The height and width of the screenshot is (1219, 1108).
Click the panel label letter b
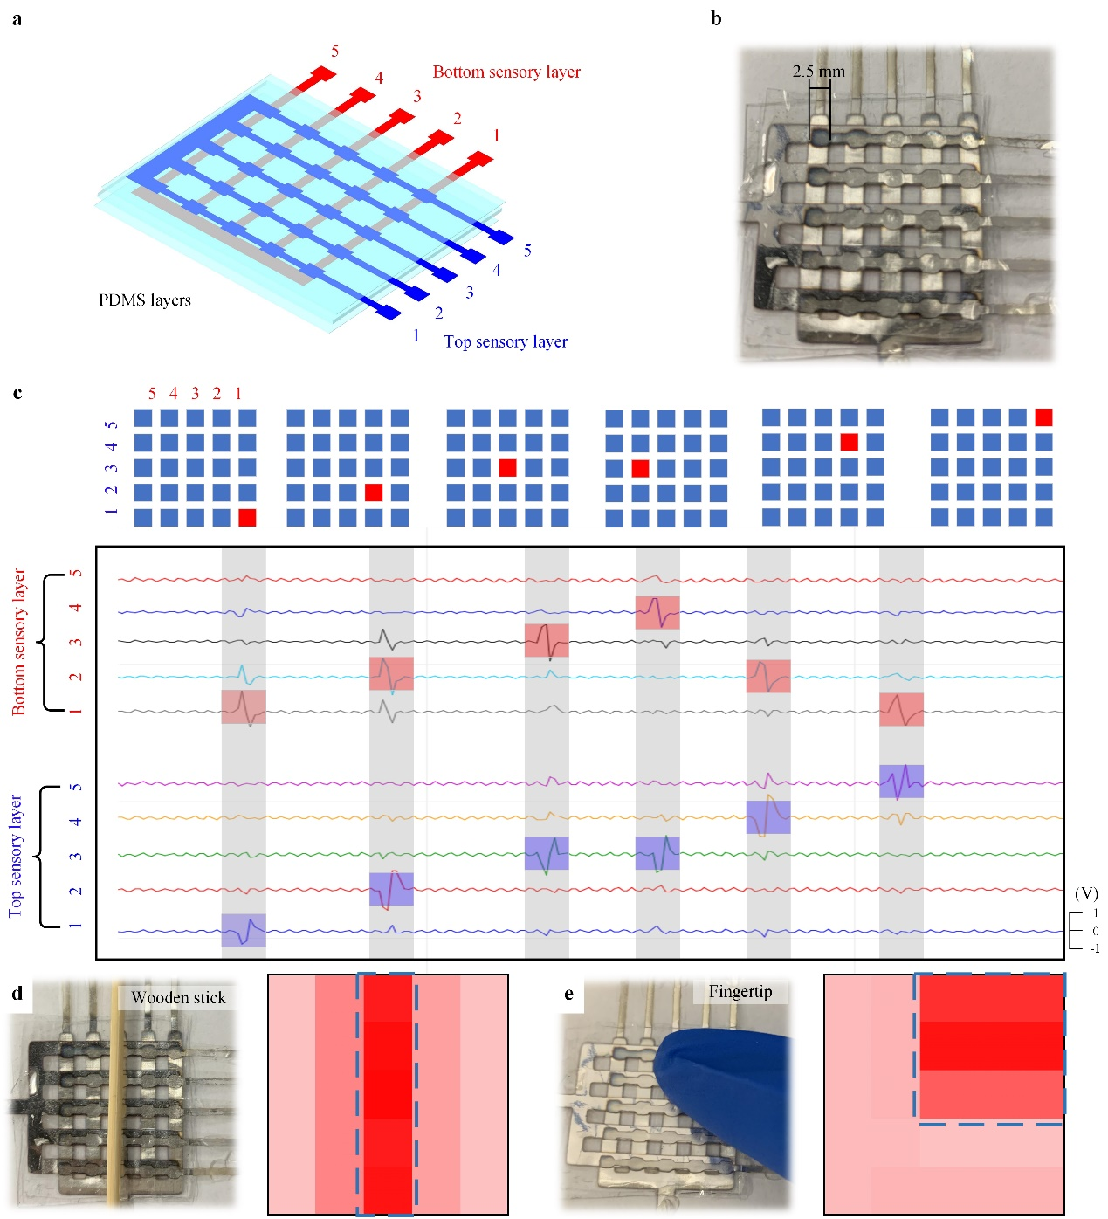click(715, 19)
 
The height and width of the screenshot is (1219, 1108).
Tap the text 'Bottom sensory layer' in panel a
click(506, 72)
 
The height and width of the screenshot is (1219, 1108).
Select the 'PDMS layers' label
click(145, 300)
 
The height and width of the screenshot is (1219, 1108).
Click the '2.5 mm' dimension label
click(818, 71)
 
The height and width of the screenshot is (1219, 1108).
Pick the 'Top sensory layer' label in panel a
click(505, 341)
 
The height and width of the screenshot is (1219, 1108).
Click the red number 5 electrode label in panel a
click(334, 51)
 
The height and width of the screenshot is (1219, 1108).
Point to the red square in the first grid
click(247, 517)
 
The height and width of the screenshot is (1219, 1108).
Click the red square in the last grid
click(1043, 417)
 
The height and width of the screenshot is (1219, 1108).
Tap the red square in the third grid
click(507, 467)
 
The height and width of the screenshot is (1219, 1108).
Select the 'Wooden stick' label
click(178, 997)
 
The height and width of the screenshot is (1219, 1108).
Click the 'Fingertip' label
click(740, 992)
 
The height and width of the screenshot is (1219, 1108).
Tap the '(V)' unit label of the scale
click(1086, 892)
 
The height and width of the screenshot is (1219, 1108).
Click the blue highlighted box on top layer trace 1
click(243, 930)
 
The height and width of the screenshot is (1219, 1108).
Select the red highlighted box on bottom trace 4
click(657, 612)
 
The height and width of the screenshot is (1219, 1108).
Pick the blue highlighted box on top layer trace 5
click(901, 781)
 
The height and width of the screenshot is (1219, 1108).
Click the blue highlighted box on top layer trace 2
click(391, 889)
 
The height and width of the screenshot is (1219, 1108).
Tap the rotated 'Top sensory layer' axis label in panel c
click(16, 856)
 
